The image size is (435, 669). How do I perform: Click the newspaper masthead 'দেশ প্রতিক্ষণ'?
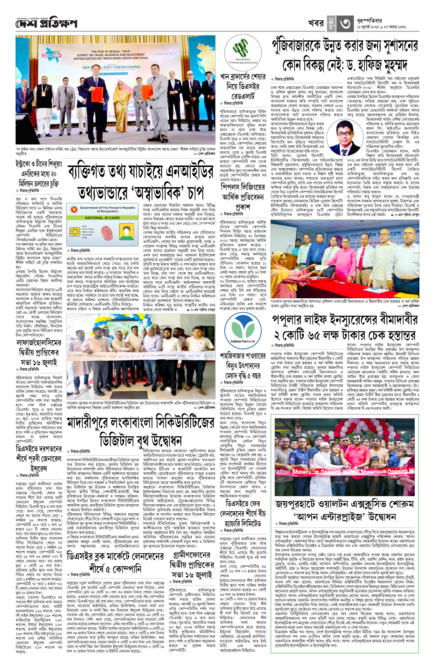pyautogui.click(x=46, y=24)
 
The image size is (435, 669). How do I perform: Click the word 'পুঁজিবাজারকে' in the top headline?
pyautogui.click(x=303, y=46)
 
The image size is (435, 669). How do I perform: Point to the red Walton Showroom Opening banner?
pyautogui.click(x=344, y=472)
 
